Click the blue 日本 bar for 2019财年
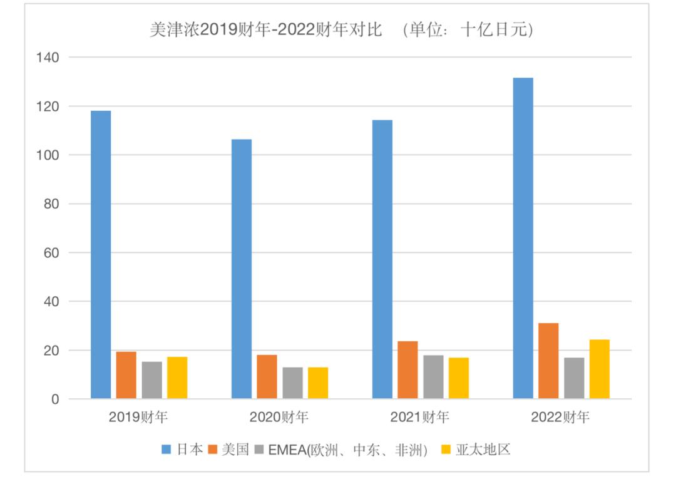pos(101,254)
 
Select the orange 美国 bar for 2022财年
pos(548,361)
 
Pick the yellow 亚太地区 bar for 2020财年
pos(318,383)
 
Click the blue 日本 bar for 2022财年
pos(523,238)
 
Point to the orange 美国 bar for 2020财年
pos(267,376)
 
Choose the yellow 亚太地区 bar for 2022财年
pos(599,369)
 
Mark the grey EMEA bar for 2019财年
pos(151,380)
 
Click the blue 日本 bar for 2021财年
pos(382,259)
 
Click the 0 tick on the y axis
pos(56,399)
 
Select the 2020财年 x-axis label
pos(279,418)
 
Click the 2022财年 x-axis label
pos(560,418)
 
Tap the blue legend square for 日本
pos(166,450)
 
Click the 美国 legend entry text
pos(235,450)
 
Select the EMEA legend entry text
pos(347,450)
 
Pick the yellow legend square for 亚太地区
pos(446,450)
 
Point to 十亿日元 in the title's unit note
pos(494,30)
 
